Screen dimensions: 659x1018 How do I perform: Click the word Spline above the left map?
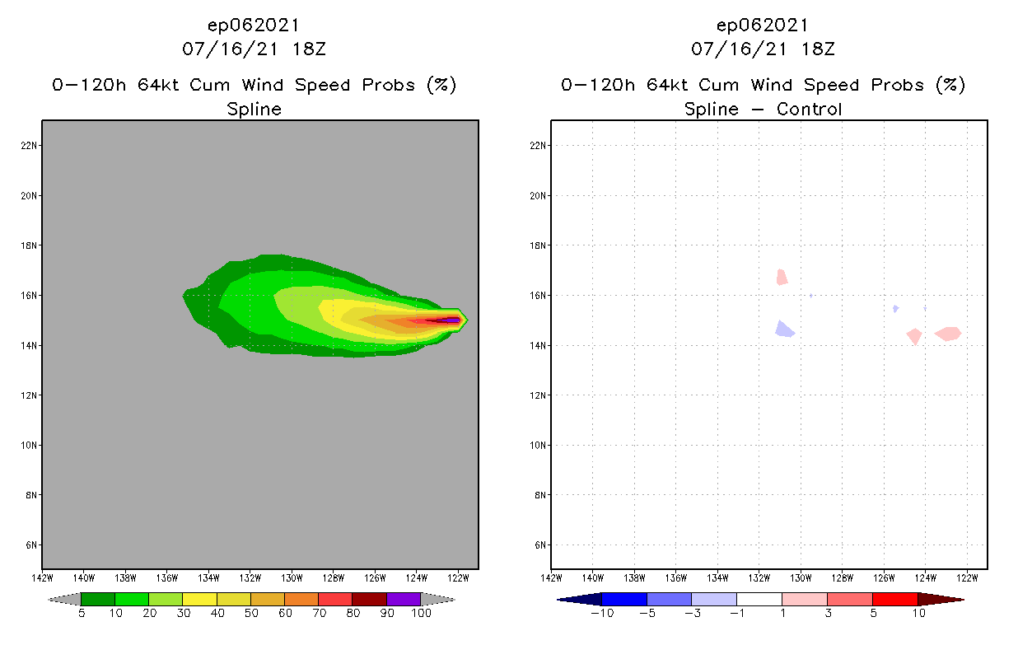[254, 109]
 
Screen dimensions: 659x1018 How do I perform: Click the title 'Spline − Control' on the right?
[763, 109]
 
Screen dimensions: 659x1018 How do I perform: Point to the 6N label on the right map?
[539, 545]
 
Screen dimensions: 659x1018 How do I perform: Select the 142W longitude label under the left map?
[42, 577]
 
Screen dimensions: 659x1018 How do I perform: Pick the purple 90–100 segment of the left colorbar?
[404, 599]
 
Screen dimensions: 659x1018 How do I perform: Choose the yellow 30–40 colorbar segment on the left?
[199, 599]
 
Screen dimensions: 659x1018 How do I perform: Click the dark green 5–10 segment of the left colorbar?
[98, 599]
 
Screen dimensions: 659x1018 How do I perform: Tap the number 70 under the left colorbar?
[319, 614]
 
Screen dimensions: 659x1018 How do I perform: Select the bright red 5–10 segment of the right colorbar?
[894, 599]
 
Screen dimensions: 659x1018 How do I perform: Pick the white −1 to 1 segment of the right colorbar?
[759, 599]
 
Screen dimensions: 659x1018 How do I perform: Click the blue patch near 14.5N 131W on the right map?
[784, 329]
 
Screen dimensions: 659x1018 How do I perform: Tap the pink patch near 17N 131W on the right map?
[782, 278]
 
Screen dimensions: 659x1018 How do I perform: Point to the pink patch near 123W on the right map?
[948, 334]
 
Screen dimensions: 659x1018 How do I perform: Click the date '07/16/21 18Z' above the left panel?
[254, 49]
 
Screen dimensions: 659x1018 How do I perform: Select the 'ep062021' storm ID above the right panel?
[763, 25]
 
